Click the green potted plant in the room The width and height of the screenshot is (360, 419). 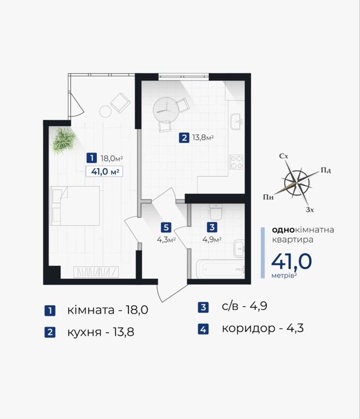click(x=64, y=141)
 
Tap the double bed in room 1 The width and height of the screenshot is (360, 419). click(x=75, y=206)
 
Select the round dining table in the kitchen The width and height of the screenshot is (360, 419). click(x=166, y=110)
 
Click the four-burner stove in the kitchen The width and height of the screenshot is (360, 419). click(x=237, y=162)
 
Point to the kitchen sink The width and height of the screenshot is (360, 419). click(x=237, y=122)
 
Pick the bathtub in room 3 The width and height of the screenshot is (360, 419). click(x=221, y=269)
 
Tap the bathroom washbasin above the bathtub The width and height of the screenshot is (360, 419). click(x=239, y=249)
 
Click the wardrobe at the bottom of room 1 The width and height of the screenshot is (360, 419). click(x=96, y=272)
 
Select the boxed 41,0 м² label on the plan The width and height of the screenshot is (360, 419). click(x=105, y=171)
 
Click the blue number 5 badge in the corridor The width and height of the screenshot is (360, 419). click(x=166, y=227)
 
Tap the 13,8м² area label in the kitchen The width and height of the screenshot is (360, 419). click(x=203, y=138)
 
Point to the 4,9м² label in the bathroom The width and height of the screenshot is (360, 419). click(x=212, y=239)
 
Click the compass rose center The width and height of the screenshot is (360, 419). click(x=297, y=184)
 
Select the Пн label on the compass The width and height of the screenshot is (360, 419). click(x=268, y=198)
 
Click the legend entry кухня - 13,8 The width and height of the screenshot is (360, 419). click(x=100, y=332)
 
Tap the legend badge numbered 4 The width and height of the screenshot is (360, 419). click(x=203, y=329)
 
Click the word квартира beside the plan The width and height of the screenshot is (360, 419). click(x=292, y=239)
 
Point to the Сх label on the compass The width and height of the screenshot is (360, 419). click(x=283, y=156)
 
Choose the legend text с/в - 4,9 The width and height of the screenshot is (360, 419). click(x=245, y=306)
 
